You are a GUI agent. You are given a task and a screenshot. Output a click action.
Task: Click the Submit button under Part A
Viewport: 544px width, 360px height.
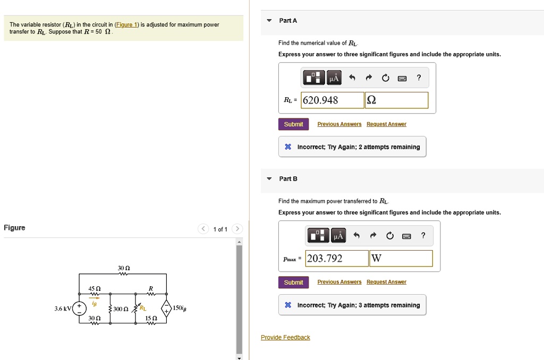click(x=293, y=124)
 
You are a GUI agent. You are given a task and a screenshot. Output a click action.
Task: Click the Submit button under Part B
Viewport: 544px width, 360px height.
click(x=293, y=282)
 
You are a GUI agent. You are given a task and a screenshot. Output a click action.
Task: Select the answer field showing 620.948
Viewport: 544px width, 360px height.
click(x=333, y=100)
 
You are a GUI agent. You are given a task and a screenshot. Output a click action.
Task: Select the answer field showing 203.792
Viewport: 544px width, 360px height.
click(x=337, y=259)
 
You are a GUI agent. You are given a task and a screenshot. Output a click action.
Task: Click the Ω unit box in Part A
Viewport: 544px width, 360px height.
click(x=396, y=100)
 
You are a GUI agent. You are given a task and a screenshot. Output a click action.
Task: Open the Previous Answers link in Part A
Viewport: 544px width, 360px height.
click(x=339, y=124)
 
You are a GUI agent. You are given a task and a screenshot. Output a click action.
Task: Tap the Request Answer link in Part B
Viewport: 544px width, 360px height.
click(x=386, y=282)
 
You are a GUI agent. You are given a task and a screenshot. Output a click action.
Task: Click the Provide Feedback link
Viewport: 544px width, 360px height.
click(x=285, y=338)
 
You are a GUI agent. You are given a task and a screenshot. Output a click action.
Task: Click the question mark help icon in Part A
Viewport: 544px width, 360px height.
click(x=419, y=79)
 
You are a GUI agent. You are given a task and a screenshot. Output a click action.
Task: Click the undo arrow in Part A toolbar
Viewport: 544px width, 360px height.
click(x=352, y=79)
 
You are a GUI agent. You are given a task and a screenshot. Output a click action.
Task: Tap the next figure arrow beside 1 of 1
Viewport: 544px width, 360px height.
click(x=237, y=229)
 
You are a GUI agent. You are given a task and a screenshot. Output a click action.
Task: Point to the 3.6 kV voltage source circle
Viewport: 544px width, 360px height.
click(x=80, y=308)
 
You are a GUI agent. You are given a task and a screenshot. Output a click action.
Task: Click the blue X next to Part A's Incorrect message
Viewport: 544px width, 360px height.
click(x=287, y=147)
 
